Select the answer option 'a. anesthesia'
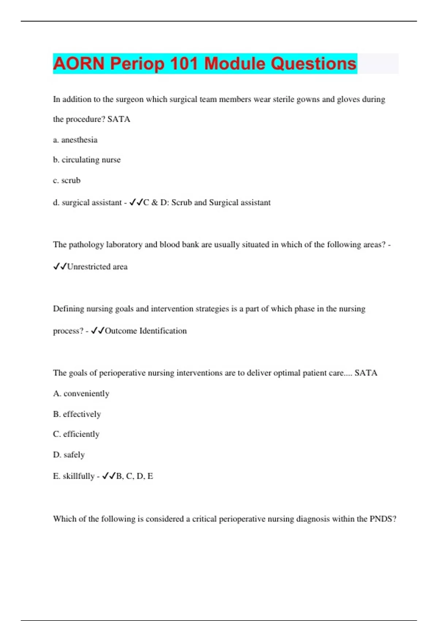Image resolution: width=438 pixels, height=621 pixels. coord(75,140)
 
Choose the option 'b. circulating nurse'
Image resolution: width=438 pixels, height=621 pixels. coord(87,160)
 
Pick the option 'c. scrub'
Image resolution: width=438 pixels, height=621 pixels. coord(67,180)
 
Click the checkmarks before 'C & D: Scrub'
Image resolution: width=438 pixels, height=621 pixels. coord(136,202)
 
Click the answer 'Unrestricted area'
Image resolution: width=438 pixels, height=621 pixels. coord(97,267)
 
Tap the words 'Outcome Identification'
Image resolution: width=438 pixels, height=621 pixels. coord(146,331)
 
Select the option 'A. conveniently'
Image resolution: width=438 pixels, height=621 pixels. coord(81,394)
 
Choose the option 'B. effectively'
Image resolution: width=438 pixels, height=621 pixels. coord(77,414)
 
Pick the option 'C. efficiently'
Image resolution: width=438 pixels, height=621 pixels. coord(76,434)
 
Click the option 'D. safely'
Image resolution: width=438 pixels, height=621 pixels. coord(69,455)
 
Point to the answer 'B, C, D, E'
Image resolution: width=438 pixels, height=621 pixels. coord(134,476)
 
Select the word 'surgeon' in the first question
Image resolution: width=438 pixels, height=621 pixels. coord(129,100)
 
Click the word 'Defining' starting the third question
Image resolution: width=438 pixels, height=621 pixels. coord(69,309)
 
